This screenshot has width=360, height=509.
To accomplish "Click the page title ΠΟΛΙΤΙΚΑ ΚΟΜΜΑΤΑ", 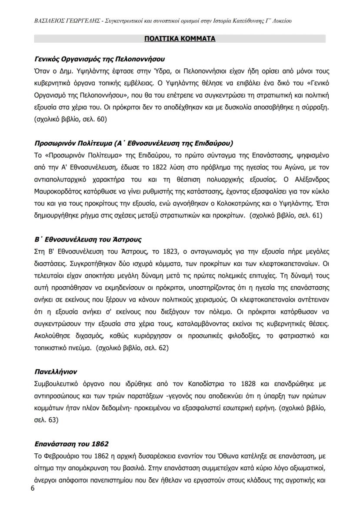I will click(x=180, y=39).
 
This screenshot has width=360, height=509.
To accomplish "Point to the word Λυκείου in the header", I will click(x=280, y=20).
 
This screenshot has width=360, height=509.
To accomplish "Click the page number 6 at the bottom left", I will click(x=32, y=489).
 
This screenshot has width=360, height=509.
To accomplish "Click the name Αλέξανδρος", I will click(x=307, y=178).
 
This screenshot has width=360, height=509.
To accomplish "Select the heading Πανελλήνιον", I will click(x=56, y=372).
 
